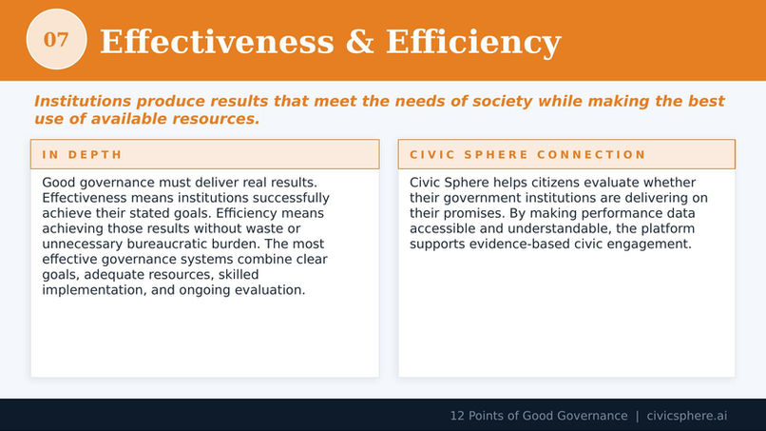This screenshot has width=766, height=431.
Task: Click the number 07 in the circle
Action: (x=56, y=40)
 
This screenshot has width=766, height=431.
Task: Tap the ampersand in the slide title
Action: (x=359, y=42)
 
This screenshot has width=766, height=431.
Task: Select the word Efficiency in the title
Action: (x=473, y=43)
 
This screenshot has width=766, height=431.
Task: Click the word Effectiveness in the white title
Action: (x=217, y=42)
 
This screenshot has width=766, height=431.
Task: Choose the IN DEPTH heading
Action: (x=82, y=154)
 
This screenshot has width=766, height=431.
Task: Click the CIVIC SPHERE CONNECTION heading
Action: (x=527, y=154)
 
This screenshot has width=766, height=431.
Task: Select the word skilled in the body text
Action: (x=239, y=274)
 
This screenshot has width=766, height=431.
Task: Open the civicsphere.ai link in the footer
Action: (x=687, y=416)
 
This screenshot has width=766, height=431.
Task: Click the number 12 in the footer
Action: (x=457, y=416)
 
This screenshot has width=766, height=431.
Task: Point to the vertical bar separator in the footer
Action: (x=637, y=416)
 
